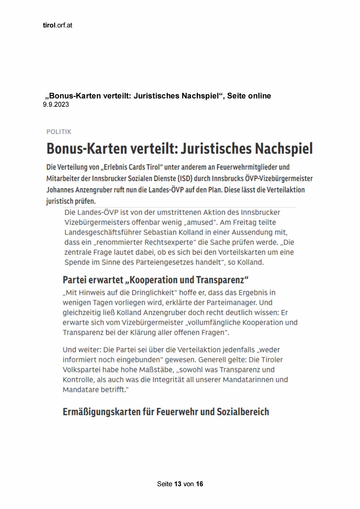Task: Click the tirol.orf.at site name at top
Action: pos(57,25)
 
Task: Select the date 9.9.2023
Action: pos(56,105)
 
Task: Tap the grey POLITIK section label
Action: pos(59,132)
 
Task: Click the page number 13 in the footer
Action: pos(178,484)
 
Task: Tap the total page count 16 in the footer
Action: pos(199,484)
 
